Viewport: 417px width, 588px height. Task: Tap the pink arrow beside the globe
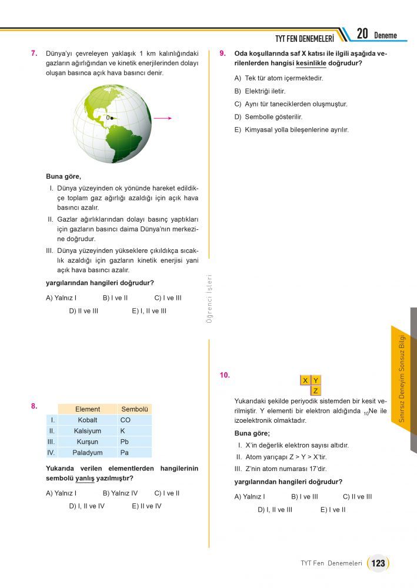coord(162,118)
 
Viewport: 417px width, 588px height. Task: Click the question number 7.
coord(34,53)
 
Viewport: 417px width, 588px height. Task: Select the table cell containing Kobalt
coord(87,420)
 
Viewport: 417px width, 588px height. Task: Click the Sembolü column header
coord(135,409)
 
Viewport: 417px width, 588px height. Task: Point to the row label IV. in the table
coord(51,453)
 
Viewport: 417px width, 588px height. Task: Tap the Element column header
coord(87,409)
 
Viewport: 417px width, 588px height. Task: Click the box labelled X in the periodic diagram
coord(305,380)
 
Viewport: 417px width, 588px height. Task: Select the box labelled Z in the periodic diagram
coord(316,390)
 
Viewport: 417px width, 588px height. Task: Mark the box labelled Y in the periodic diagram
coord(316,380)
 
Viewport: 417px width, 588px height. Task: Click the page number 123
coord(378,563)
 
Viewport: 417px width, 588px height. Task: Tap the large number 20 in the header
coord(362,34)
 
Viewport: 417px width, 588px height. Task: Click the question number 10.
coord(225,375)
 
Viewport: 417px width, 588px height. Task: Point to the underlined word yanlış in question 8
coord(85,478)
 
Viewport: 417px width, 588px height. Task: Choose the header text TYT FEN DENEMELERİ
coord(304,38)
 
